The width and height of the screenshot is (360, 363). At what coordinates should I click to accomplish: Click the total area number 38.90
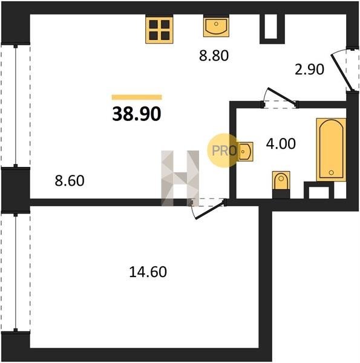click(x=136, y=114)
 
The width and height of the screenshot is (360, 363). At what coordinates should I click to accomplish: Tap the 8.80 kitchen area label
click(x=214, y=56)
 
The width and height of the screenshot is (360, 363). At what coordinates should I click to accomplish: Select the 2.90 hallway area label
click(x=309, y=70)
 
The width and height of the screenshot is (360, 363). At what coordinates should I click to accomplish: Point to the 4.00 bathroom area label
click(x=281, y=143)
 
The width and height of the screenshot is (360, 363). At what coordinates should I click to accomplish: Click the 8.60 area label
click(x=70, y=181)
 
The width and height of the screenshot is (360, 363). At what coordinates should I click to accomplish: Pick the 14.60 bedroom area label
click(x=148, y=272)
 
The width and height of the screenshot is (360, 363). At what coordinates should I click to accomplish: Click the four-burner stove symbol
click(x=159, y=30)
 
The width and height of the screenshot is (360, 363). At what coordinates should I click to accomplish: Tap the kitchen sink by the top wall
click(x=216, y=25)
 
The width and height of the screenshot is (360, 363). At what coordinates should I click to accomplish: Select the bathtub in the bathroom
click(x=332, y=150)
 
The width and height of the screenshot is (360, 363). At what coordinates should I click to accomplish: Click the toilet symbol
click(x=281, y=180)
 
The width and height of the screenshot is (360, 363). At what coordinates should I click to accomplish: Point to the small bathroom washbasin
click(x=245, y=152)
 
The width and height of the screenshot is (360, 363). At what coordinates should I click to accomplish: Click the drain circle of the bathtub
click(x=332, y=172)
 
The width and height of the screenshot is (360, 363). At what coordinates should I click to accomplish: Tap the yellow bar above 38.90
click(x=137, y=97)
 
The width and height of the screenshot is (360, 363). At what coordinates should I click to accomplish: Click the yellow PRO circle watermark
click(x=223, y=151)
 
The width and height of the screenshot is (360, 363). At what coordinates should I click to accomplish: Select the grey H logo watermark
click(x=180, y=178)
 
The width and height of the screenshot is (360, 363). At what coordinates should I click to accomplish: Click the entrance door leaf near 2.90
click(x=342, y=73)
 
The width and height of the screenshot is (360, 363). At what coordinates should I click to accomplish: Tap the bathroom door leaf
click(x=282, y=97)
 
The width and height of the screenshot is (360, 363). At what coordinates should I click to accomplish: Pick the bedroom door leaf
click(x=209, y=210)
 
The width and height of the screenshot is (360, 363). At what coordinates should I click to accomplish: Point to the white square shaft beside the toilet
click(x=319, y=192)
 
